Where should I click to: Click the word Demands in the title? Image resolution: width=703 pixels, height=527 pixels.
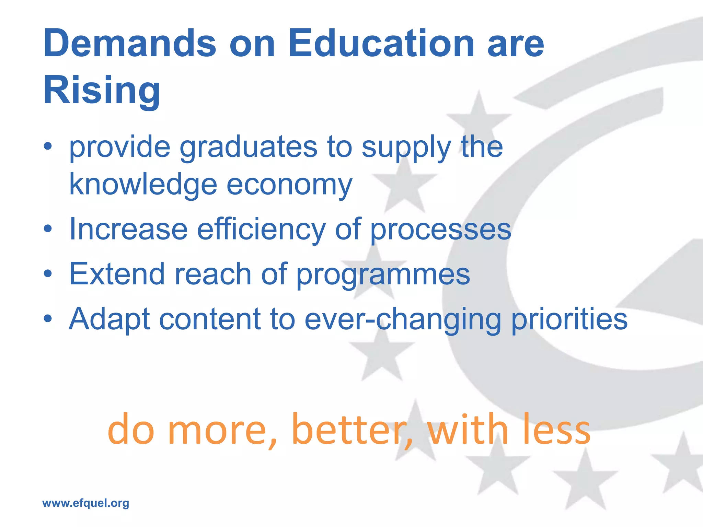(x=130, y=44)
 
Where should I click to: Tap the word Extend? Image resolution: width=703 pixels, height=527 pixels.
(x=117, y=274)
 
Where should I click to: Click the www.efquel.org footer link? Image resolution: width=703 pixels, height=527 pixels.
(x=86, y=503)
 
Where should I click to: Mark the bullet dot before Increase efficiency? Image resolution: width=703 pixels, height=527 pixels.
(x=48, y=229)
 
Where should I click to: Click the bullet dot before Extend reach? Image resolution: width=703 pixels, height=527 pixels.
(x=48, y=274)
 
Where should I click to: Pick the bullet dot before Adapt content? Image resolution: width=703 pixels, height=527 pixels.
(x=48, y=319)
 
